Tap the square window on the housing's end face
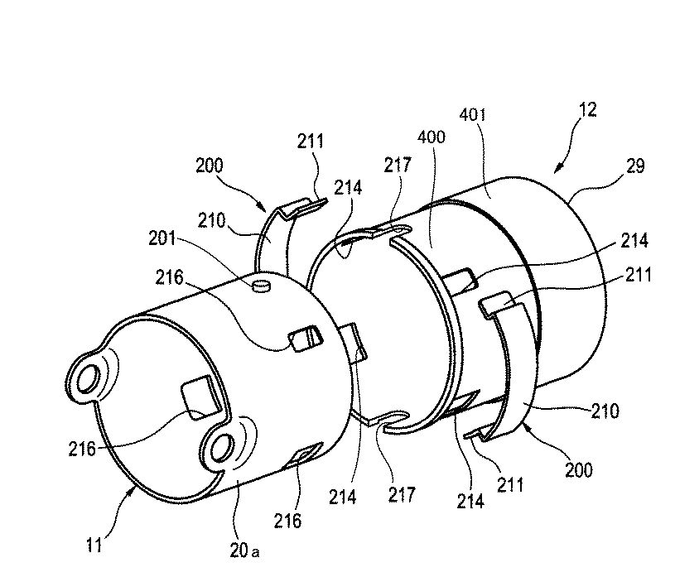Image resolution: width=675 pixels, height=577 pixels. (x=200, y=397)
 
